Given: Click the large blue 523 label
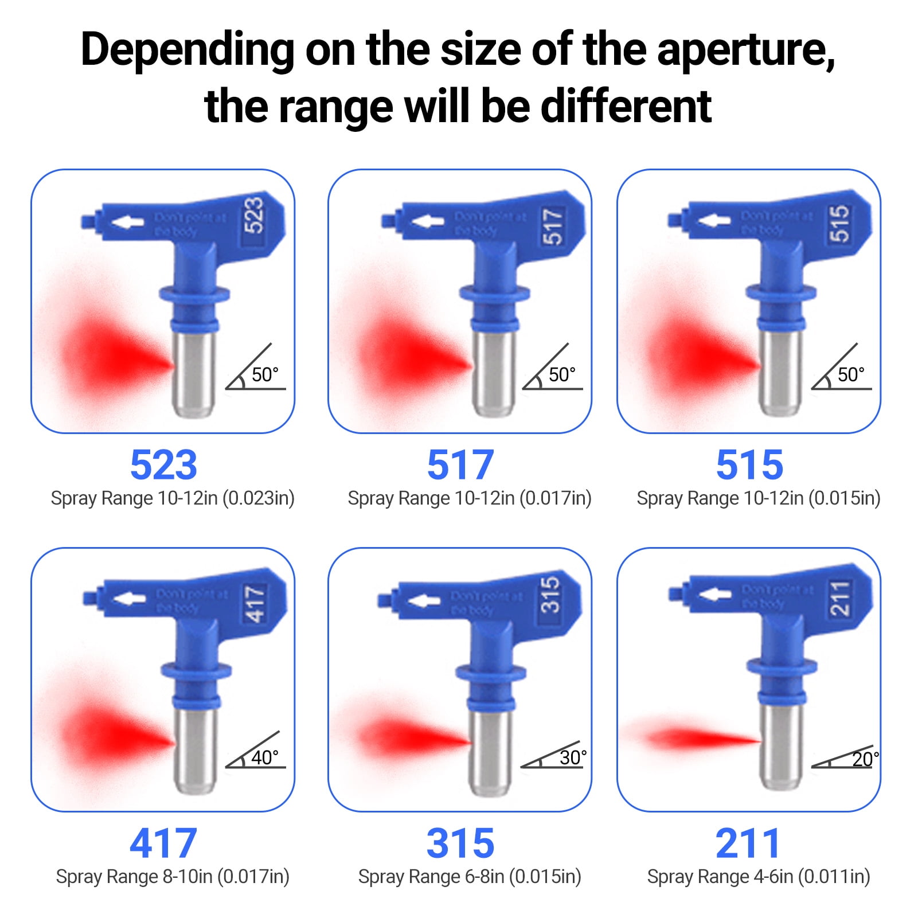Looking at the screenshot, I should pyautogui.click(x=163, y=464).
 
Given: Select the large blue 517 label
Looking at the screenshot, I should pyautogui.click(x=460, y=464).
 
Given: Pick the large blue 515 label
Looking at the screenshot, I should pyautogui.click(x=749, y=464).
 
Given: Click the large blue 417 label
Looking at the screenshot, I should pyautogui.click(x=163, y=843).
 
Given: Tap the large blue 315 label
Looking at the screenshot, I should pyautogui.click(x=460, y=843).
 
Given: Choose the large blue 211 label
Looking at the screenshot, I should pyautogui.click(x=748, y=843).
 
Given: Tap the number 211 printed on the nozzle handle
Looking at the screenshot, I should pyautogui.click(x=840, y=599).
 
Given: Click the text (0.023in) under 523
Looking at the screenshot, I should pyautogui.click(x=258, y=498).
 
